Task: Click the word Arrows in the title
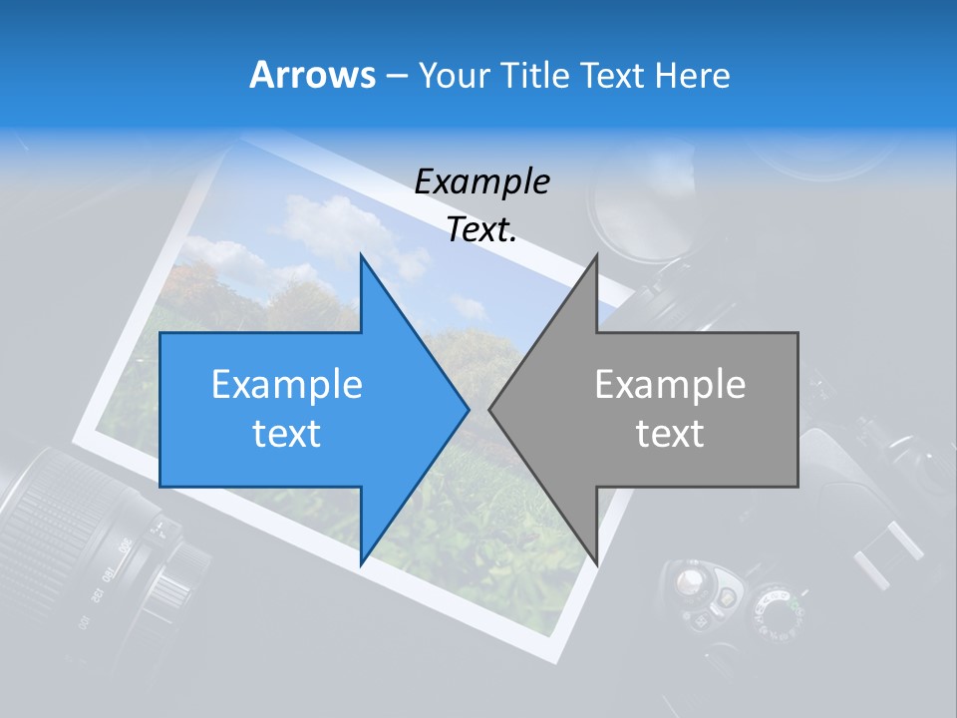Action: [x=312, y=75]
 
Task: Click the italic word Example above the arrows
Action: [x=482, y=181]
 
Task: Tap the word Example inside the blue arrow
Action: [x=287, y=385]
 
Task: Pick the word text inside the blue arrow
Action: [x=287, y=433]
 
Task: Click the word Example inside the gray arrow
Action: [x=670, y=385]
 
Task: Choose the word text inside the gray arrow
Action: [x=670, y=433]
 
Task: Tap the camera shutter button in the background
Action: [x=688, y=583]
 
